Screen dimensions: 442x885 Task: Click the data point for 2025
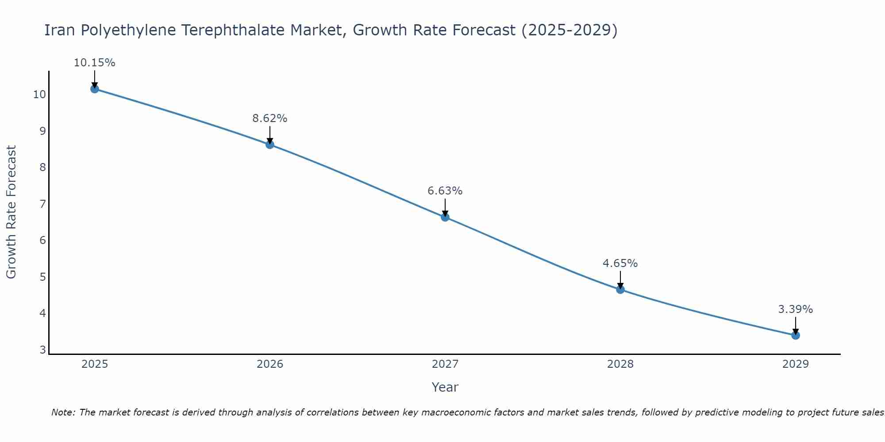point(95,89)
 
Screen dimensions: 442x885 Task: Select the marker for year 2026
point(270,145)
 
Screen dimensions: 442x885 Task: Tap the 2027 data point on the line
point(445,217)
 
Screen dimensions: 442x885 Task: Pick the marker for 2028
point(620,290)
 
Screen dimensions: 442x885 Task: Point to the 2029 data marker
point(796,335)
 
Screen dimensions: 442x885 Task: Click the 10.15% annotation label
point(94,63)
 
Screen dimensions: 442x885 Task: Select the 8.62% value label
point(270,118)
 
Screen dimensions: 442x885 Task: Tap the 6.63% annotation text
point(445,191)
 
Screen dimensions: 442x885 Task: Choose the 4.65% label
point(620,263)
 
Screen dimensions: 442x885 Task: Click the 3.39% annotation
point(796,309)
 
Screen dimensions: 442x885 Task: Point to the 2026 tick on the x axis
point(270,364)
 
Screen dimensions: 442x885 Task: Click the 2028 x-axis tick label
point(620,364)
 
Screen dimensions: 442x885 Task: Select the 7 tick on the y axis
point(42,204)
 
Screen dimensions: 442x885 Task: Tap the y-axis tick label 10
point(39,95)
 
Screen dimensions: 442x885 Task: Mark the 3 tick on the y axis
point(42,350)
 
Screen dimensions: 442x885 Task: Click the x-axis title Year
point(445,387)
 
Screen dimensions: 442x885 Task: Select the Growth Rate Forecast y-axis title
point(12,212)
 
